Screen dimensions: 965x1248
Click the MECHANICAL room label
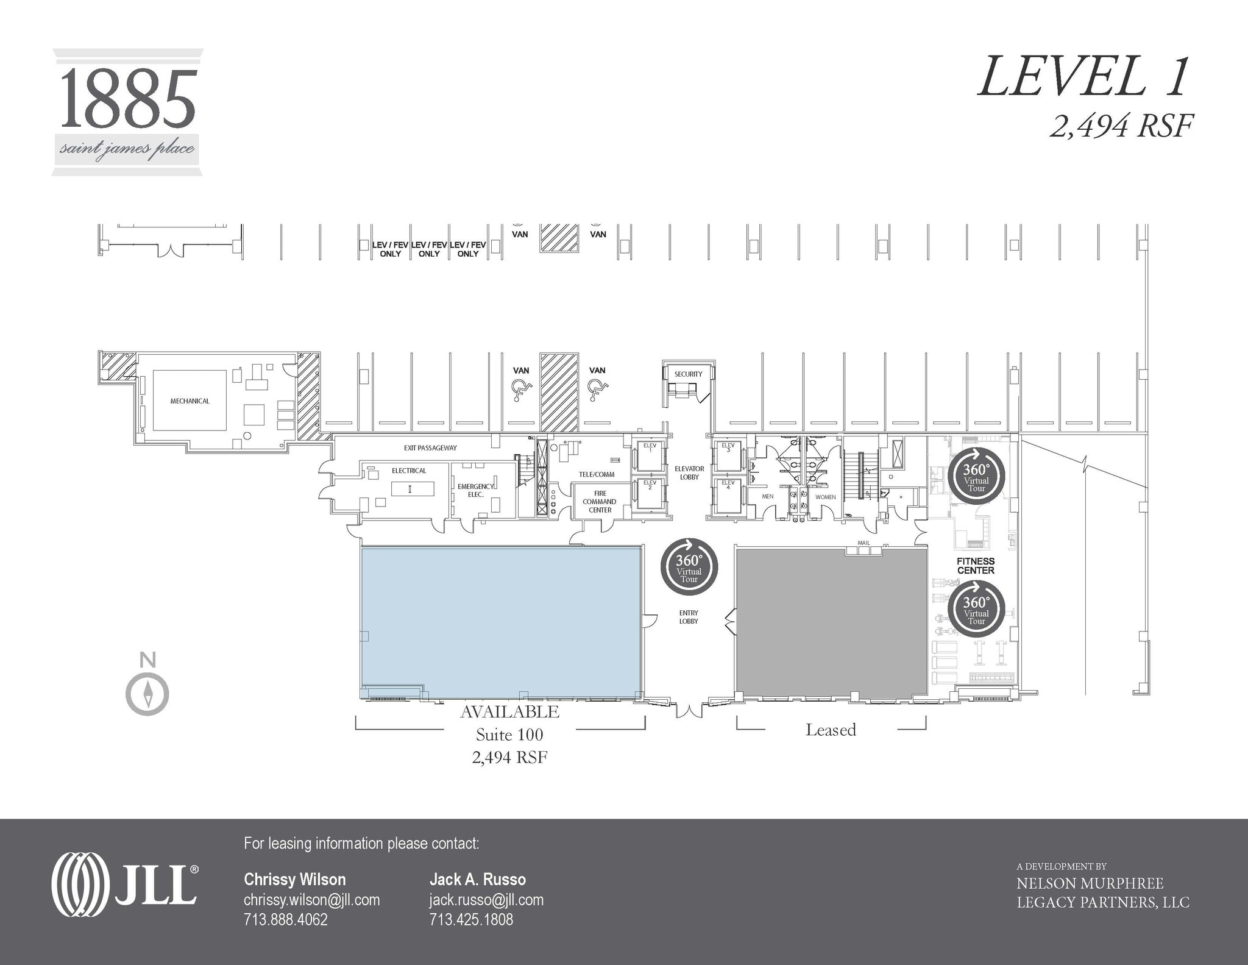click(x=190, y=401)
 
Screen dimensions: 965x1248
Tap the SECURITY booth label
click(x=688, y=374)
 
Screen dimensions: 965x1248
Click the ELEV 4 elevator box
click(x=728, y=495)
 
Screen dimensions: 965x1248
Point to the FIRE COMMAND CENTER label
click(x=600, y=502)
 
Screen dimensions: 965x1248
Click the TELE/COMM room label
click(x=597, y=474)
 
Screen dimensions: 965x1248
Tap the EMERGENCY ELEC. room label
click(x=476, y=490)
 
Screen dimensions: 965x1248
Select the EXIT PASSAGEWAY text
click(x=430, y=448)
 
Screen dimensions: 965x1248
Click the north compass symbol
click(x=147, y=694)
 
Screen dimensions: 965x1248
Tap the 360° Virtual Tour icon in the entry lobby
click(x=689, y=567)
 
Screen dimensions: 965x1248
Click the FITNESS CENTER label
click(x=976, y=566)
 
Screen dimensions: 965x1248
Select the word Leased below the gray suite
click(x=831, y=730)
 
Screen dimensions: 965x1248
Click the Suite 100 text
click(x=509, y=735)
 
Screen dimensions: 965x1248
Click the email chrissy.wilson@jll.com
click(x=311, y=900)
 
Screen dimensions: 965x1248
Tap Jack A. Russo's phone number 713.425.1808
click(x=471, y=919)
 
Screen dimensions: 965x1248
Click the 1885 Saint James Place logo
click(x=127, y=113)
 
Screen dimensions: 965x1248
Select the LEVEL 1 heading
click(x=1083, y=77)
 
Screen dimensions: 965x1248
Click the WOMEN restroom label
click(x=826, y=497)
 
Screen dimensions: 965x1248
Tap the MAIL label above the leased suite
click(x=863, y=543)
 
